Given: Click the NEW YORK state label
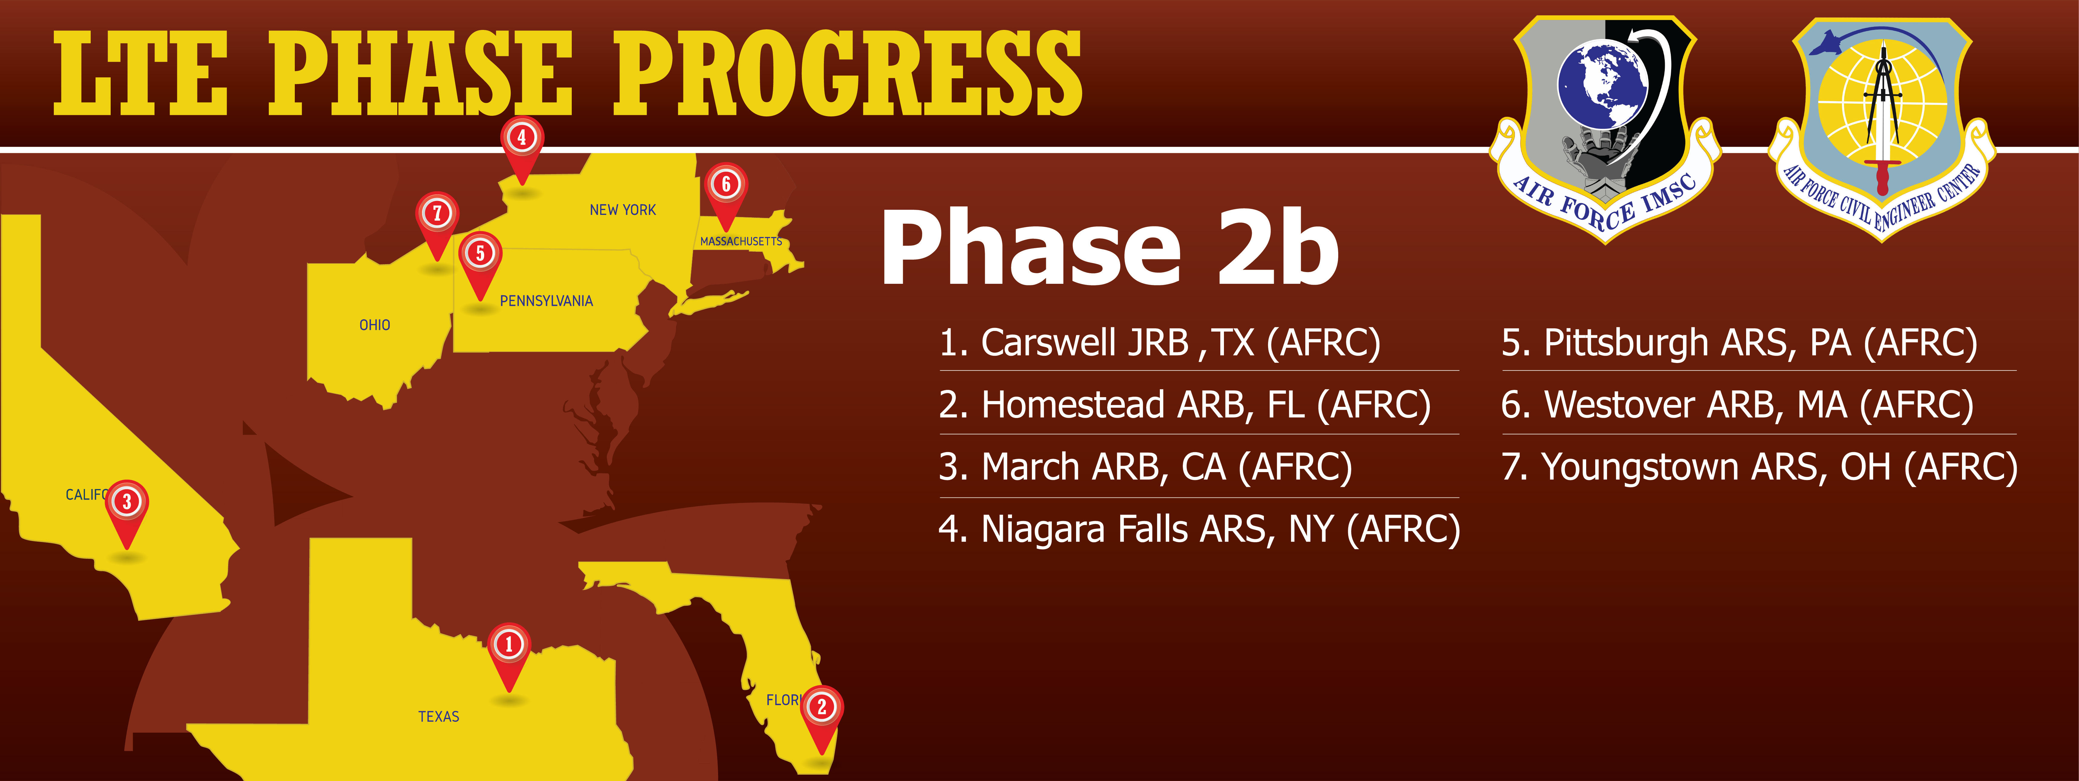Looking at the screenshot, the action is (622, 210).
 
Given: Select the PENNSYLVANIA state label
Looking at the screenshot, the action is (546, 301).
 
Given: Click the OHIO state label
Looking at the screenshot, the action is (375, 325).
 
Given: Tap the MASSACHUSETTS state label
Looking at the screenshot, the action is (741, 241).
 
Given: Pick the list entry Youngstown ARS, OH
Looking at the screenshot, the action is (1759, 467).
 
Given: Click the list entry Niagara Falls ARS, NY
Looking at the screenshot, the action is (1199, 530).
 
